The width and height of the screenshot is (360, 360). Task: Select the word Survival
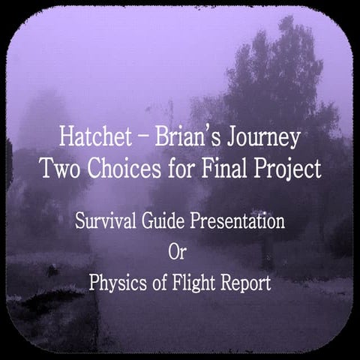(102, 223)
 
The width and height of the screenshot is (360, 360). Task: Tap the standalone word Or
(179, 253)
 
